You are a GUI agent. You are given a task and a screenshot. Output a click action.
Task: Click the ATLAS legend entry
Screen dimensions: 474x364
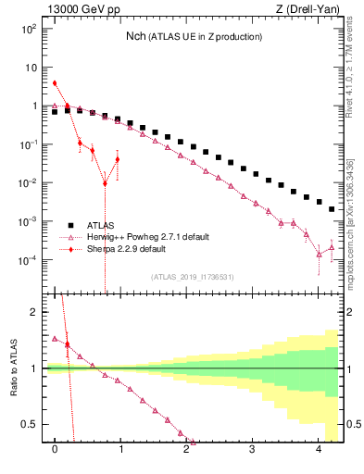click(101, 224)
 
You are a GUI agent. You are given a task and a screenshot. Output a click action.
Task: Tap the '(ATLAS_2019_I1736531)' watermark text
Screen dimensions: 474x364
click(193, 277)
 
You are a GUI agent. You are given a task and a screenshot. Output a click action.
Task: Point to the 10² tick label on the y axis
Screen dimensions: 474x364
click(30, 29)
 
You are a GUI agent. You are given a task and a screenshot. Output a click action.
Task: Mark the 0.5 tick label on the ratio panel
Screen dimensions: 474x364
click(31, 424)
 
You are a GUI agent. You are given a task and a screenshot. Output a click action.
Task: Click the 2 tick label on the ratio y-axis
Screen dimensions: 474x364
click(35, 312)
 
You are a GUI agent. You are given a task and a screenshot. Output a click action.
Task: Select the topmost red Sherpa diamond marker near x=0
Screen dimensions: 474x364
click(55, 83)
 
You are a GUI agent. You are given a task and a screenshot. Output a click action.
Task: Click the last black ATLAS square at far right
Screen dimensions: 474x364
click(332, 209)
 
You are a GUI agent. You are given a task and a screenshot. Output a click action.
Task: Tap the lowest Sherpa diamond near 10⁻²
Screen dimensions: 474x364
click(105, 183)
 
